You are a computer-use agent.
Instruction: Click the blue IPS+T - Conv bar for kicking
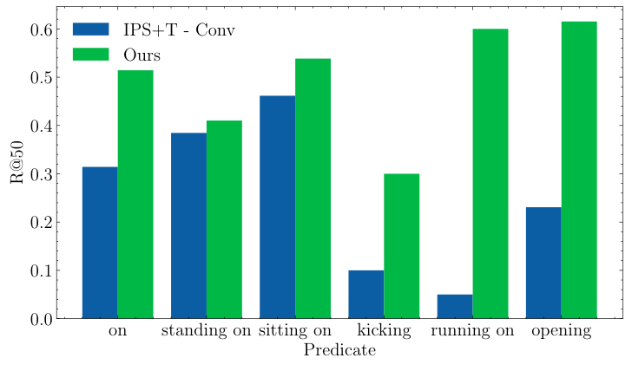(365, 294)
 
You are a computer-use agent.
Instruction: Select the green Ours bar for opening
(579, 170)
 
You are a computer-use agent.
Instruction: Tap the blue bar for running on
(455, 306)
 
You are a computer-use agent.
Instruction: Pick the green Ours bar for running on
(490, 173)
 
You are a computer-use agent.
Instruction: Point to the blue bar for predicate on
(100, 242)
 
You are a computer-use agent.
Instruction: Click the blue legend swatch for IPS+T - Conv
(90, 30)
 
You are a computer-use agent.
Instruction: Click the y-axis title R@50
(17, 162)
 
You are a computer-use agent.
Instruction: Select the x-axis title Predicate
(339, 351)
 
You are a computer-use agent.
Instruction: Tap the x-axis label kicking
(384, 331)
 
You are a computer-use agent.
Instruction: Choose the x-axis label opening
(561, 331)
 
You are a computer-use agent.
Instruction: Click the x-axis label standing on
(207, 331)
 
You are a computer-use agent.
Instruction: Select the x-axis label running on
(472, 331)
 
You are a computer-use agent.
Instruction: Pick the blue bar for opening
(543, 263)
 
